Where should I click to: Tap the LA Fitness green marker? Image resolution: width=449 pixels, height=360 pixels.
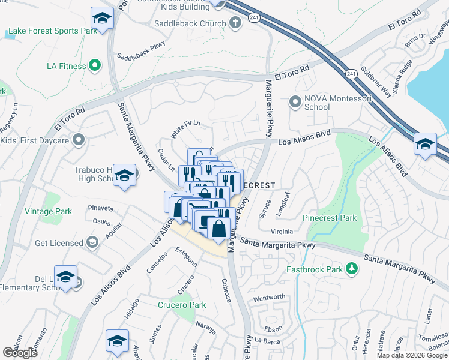(x=94, y=65)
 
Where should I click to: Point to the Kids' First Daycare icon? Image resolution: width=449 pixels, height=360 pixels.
(x=78, y=140)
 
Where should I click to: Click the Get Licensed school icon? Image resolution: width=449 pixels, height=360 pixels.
(x=92, y=242)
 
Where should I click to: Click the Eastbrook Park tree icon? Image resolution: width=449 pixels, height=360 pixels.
(x=352, y=269)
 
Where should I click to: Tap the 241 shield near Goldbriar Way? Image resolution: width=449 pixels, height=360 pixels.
(x=351, y=73)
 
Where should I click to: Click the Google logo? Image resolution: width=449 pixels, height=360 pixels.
(x=20, y=353)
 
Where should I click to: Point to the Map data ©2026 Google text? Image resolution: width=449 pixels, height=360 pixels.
(x=411, y=355)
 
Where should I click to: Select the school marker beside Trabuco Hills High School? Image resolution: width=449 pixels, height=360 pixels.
(x=124, y=176)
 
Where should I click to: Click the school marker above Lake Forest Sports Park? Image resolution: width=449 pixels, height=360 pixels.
(x=102, y=19)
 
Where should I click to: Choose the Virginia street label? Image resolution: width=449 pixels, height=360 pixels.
(x=282, y=232)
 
